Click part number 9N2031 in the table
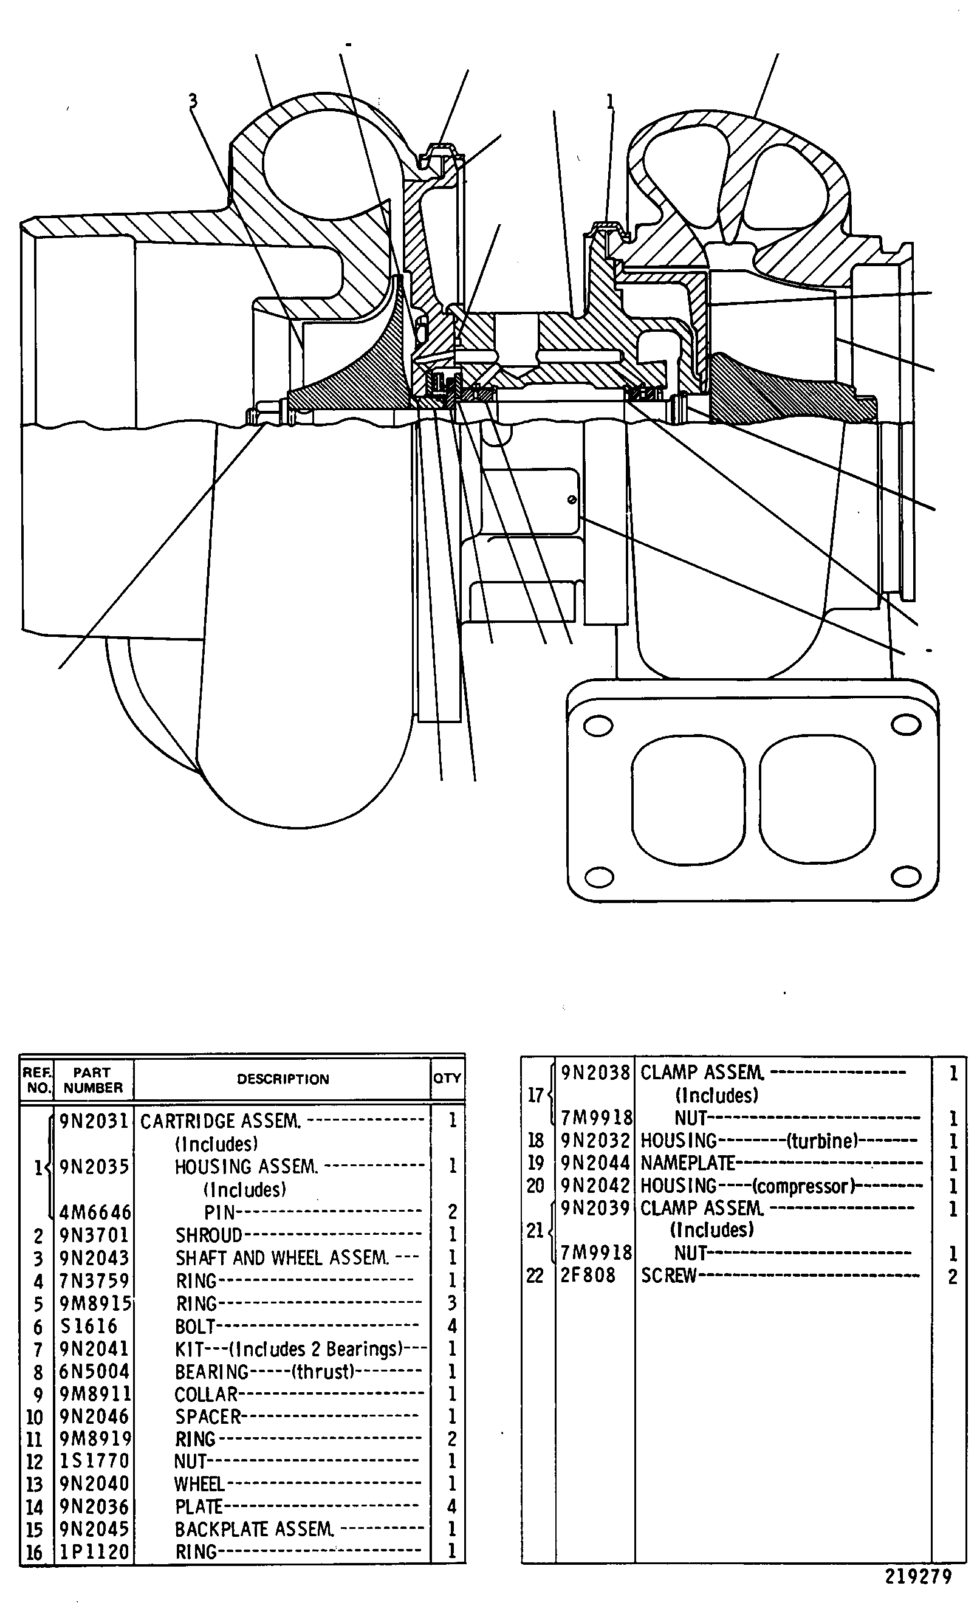94,1121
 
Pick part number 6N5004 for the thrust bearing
94,1371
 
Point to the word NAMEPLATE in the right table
688,1162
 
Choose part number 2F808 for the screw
588,1276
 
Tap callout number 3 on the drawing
193,100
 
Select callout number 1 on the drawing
610,101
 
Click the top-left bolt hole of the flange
598,725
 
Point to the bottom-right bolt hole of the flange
907,876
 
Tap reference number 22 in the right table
535,1276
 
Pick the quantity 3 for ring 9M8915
452,1303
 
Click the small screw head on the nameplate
572,500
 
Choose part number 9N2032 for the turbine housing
595,1141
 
